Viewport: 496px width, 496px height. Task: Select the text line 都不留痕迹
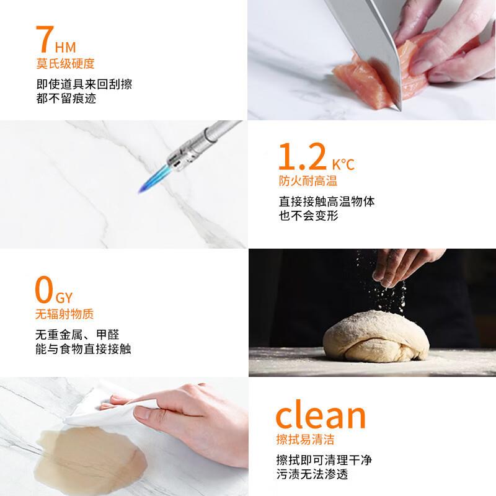66,99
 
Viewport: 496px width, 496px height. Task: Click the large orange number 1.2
301,157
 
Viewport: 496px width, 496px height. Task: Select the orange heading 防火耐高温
308,181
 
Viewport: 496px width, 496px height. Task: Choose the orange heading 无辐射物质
65,314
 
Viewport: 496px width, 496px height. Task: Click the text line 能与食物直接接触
83,349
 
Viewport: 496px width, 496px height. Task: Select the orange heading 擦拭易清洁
308,440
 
